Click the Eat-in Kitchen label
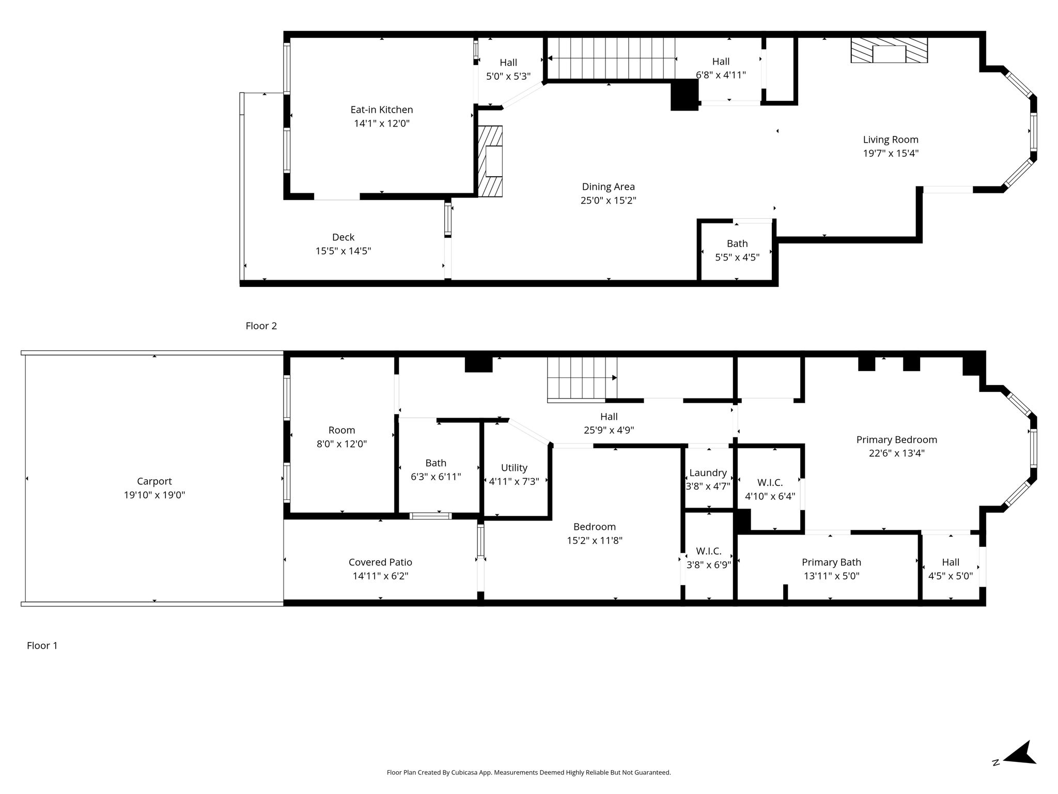(381, 110)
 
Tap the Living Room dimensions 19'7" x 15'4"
(891, 154)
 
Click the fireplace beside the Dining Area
(490, 161)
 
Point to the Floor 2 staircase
(611, 58)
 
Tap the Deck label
(343, 237)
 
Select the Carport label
(154, 481)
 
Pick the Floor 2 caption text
(261, 326)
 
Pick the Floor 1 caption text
(42, 646)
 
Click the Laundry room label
(708, 472)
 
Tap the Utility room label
(514, 468)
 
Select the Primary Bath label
(831, 562)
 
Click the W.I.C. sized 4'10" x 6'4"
(770, 489)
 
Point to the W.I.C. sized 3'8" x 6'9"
(708, 558)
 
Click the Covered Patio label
(380, 562)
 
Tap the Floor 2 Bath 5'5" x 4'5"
(737, 250)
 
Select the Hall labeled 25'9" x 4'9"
(609, 423)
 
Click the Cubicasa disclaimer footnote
(528, 773)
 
